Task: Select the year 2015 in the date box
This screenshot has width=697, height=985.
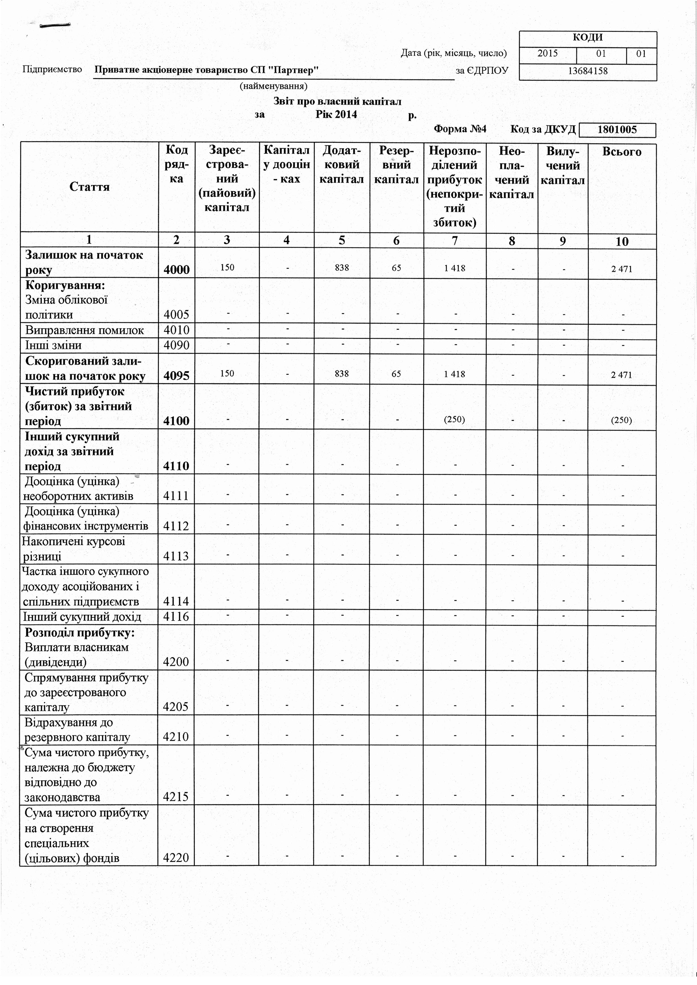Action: [x=548, y=54]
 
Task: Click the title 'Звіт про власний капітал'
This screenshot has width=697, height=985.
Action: [x=337, y=102]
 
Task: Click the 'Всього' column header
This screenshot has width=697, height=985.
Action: [x=622, y=152]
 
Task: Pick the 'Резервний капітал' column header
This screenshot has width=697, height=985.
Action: [x=396, y=165]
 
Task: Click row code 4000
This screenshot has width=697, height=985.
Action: [x=177, y=269]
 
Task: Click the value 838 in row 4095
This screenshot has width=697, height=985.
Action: [x=342, y=374]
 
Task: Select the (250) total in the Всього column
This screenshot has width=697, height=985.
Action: [x=621, y=420]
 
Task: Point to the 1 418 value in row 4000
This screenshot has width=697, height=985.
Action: [x=455, y=268]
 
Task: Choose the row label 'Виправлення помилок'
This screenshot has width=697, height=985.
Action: [x=85, y=330]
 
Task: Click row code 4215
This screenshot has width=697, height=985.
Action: [x=177, y=797]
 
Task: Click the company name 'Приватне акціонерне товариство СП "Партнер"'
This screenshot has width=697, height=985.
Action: [x=206, y=70]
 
